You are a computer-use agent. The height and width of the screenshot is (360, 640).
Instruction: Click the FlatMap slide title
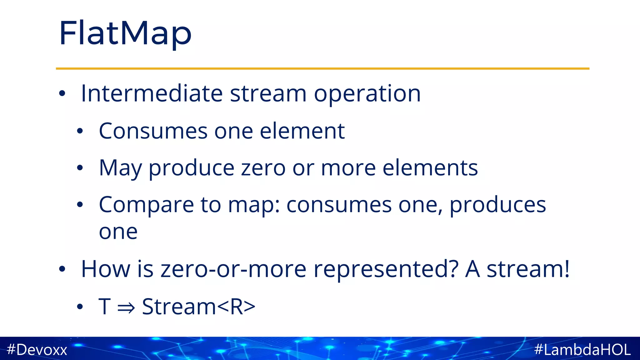[125, 33]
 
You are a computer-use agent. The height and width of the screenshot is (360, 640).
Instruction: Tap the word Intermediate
[152, 93]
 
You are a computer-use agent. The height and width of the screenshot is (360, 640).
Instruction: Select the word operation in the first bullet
[367, 93]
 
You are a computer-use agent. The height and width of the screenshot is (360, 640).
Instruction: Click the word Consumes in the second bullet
[153, 131]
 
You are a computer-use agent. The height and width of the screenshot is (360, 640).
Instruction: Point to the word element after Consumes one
[302, 131]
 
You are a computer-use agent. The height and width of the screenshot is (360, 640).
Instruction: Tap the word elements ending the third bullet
[430, 168]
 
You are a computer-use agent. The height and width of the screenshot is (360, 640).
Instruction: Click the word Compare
[146, 205]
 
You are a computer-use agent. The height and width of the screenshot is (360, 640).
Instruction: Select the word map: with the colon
[254, 205]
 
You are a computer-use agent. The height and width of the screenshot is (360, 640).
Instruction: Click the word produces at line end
[497, 205]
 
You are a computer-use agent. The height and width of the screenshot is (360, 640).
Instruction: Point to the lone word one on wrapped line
[118, 232]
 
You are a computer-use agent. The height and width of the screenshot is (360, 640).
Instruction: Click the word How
[106, 269]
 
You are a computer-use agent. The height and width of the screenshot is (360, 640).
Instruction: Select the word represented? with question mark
[386, 269]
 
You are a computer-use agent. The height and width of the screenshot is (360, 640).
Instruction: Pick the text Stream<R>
[198, 307]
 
